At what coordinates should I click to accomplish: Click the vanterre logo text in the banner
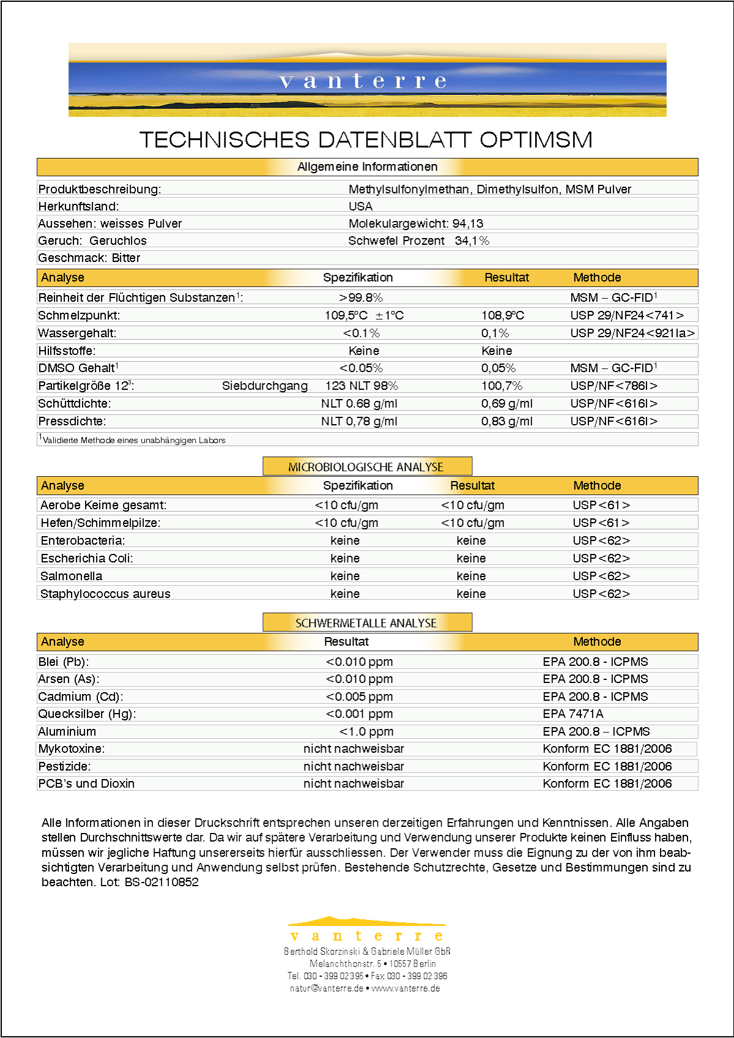363,81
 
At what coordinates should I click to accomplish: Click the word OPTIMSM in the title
536,140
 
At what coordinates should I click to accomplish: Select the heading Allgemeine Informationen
367,167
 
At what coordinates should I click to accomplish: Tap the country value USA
360,206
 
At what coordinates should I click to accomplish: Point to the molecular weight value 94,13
468,223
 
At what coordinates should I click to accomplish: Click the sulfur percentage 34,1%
472,241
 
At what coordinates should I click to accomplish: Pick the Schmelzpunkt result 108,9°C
503,315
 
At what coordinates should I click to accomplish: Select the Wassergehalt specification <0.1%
361,333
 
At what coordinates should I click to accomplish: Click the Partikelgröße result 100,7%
502,386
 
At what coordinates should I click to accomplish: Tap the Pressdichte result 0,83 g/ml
506,421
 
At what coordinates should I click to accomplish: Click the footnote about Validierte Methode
132,440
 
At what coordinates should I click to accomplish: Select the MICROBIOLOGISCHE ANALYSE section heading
366,467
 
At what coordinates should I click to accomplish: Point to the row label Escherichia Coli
86,558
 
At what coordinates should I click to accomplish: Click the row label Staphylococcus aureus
105,594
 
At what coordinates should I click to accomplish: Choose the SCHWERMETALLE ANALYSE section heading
366,623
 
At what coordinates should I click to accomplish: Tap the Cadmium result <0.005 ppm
359,696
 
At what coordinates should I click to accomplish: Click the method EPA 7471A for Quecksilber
573,714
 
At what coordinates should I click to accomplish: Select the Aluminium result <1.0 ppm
366,731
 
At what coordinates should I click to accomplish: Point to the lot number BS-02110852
161,882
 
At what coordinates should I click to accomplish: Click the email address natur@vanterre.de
326,988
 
